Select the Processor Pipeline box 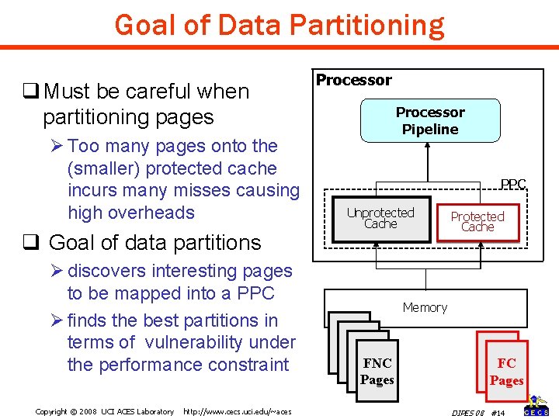click(x=429, y=121)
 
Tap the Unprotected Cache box click(x=380, y=218)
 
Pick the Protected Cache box click(x=477, y=222)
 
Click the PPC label click(x=513, y=185)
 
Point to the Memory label click(x=425, y=308)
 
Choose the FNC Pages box click(x=377, y=372)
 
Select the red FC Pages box click(x=506, y=372)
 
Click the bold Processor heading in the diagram click(x=353, y=80)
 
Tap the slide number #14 click(x=498, y=411)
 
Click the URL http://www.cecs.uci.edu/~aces click(x=237, y=411)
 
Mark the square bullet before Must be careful click(x=31, y=92)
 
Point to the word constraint click(x=250, y=365)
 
